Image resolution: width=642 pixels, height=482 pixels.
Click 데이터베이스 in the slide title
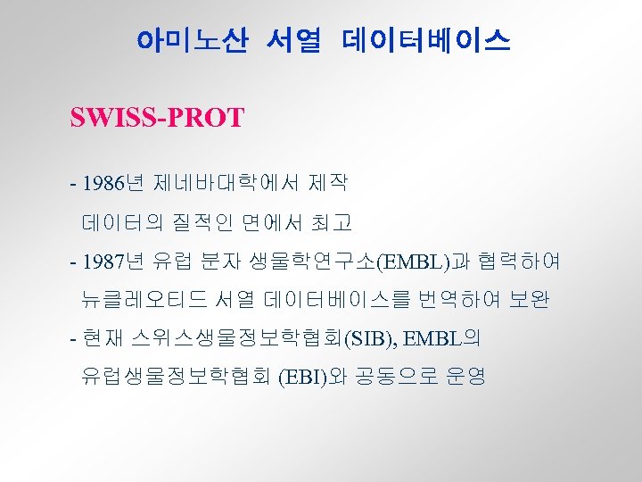[x=425, y=40]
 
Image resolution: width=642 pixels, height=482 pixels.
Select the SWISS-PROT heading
[x=156, y=118]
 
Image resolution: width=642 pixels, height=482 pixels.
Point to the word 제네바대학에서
[x=226, y=185]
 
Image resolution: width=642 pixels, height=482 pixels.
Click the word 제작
[x=328, y=185]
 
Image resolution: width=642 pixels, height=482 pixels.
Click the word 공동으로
[x=394, y=376]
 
